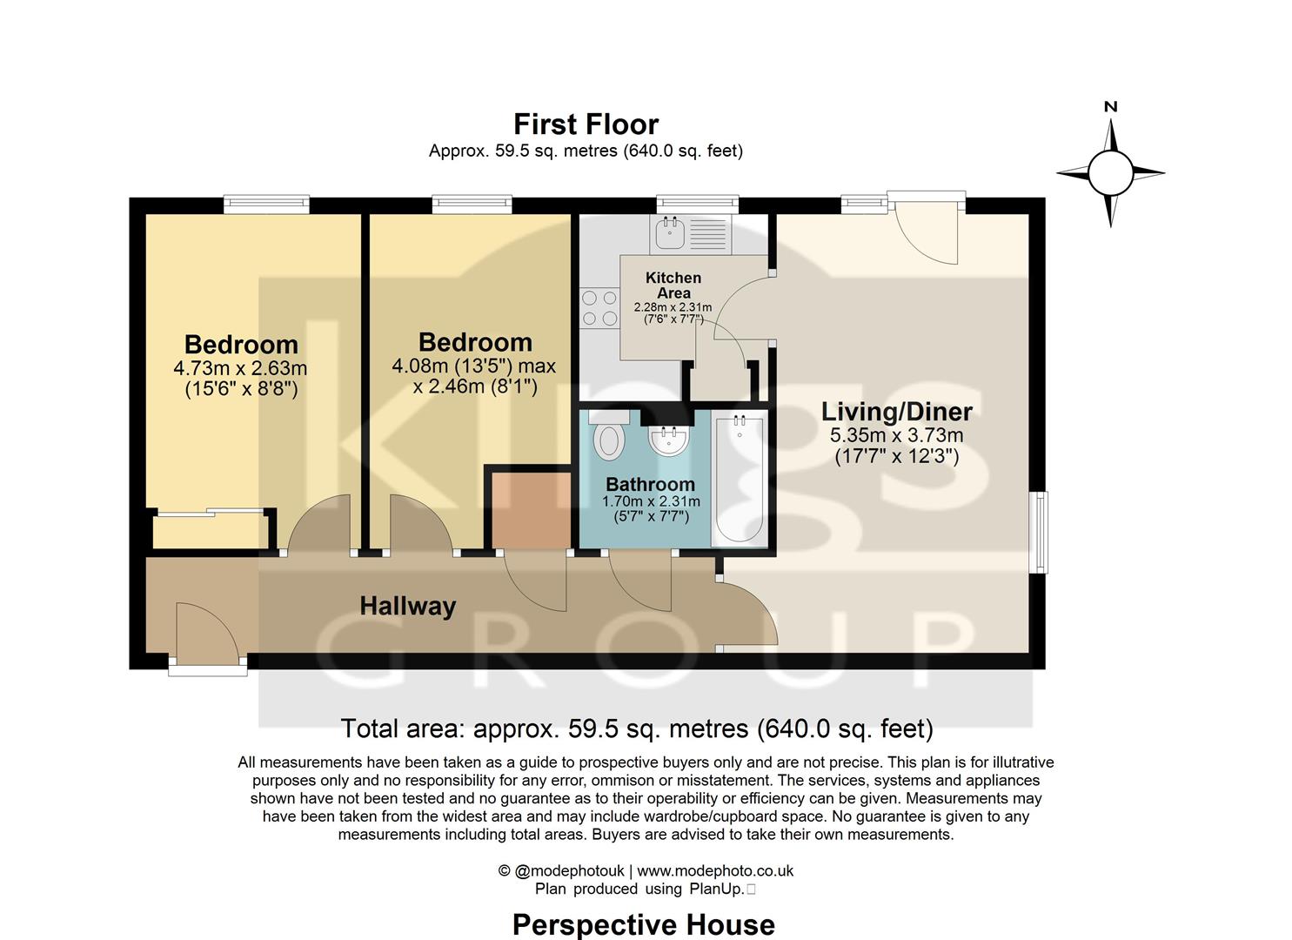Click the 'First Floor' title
tap(586, 124)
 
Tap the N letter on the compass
tap(1110, 107)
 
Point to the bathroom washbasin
tap(668, 440)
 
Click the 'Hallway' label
tap(408, 606)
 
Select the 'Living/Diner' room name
tap(897, 411)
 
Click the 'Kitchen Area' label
tap(673, 285)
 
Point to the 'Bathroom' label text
tap(650, 484)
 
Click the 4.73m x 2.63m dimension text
tap(240, 368)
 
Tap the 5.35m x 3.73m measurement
tap(897, 435)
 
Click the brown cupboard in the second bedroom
tap(531, 510)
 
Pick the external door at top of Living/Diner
tap(927, 226)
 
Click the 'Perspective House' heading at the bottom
tap(643, 924)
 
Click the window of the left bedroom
tap(266, 205)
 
